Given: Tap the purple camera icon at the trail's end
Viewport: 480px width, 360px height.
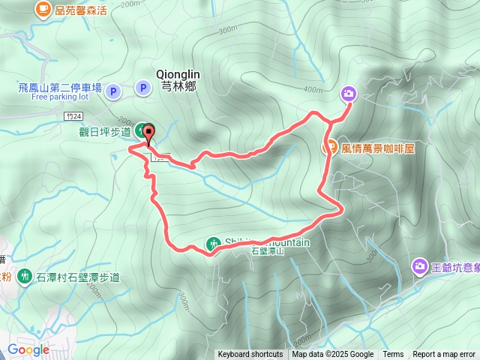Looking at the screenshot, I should [x=349, y=94].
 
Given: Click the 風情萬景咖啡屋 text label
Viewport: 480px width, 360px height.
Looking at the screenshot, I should [x=378, y=148].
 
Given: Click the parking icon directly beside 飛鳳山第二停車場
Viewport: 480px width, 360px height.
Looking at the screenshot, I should [x=112, y=91].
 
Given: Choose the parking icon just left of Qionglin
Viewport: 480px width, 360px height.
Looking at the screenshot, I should [x=142, y=88].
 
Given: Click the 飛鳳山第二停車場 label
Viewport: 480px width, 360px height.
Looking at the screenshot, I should [x=59, y=88].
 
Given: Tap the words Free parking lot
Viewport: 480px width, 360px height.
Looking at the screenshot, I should [x=60, y=97].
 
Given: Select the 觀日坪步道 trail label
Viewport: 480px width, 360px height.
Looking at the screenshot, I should [x=105, y=132].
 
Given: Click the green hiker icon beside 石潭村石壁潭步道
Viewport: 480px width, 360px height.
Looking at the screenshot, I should [x=24, y=277].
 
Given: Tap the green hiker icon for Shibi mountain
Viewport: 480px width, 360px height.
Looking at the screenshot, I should [x=214, y=244].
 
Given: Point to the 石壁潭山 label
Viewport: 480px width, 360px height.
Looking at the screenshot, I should [x=268, y=253].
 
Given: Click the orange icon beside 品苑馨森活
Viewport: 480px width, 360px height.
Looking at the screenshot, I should [x=43, y=9].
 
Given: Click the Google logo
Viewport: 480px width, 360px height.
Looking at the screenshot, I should [x=28, y=349].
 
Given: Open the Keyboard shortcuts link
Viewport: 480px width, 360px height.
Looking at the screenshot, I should [x=250, y=355].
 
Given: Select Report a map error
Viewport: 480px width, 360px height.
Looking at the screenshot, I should [x=443, y=355].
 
